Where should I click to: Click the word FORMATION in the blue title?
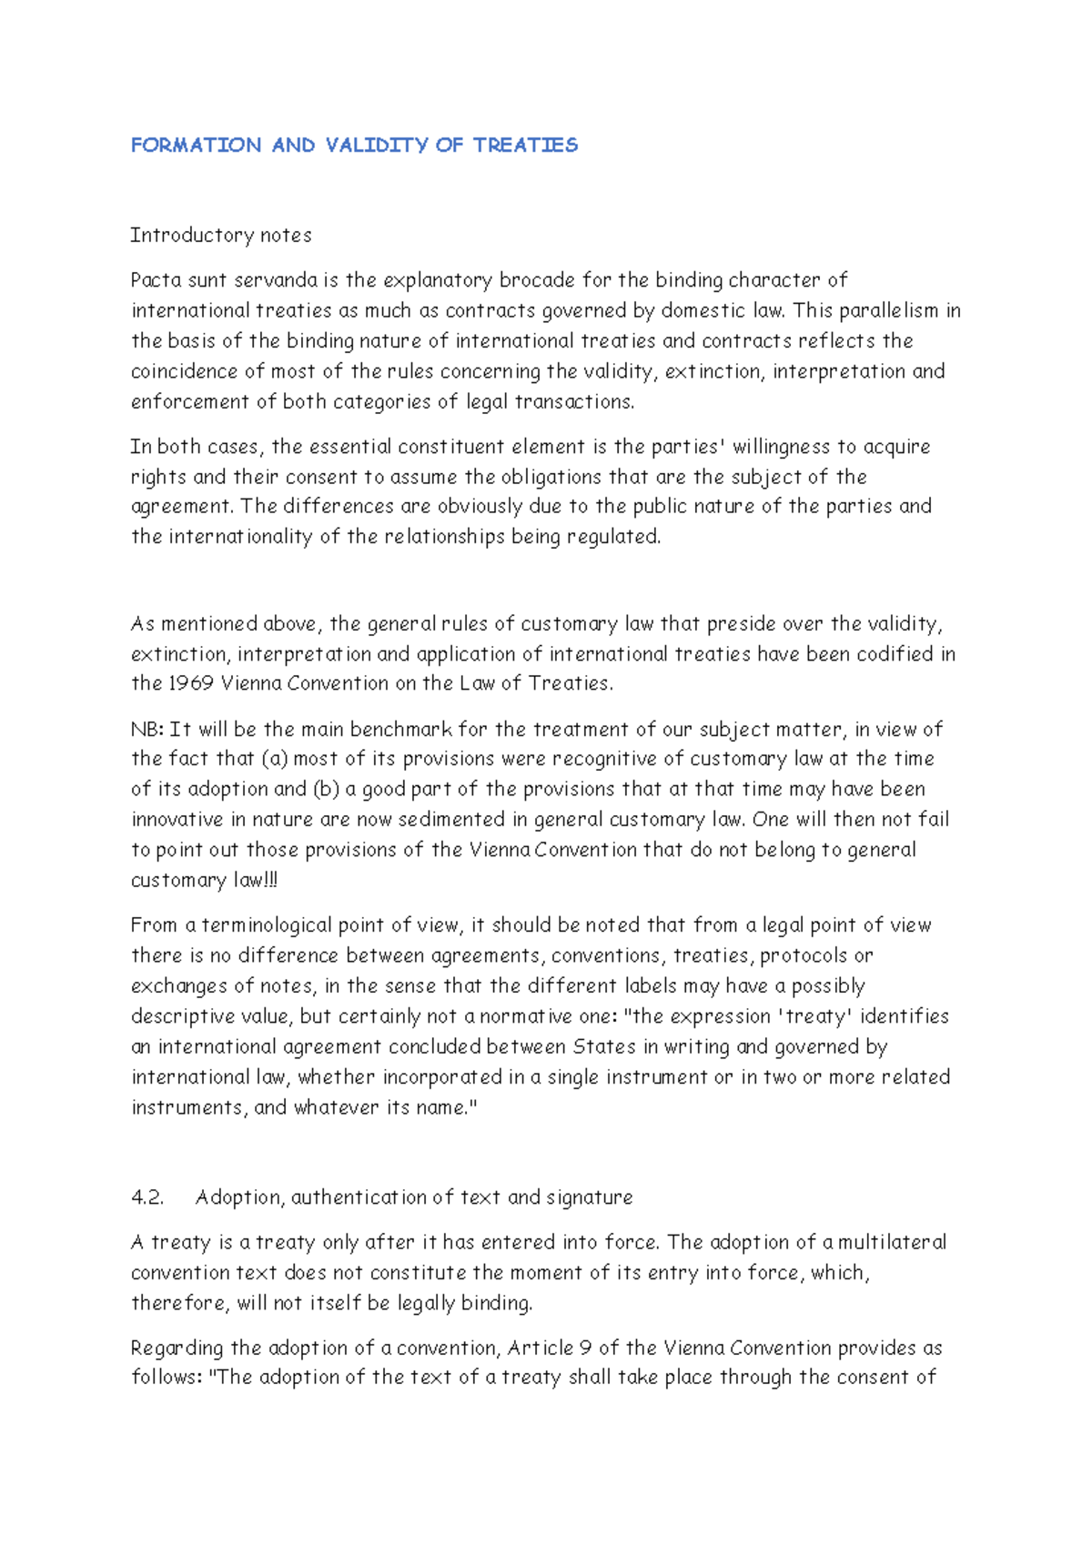(x=196, y=146)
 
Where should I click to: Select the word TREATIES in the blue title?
(x=525, y=146)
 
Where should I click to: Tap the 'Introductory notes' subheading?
(x=221, y=236)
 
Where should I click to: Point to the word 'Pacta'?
(x=156, y=280)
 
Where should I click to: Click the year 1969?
(x=190, y=683)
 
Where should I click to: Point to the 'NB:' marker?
(x=147, y=730)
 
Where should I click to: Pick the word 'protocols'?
(x=804, y=956)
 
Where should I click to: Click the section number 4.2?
(x=147, y=1197)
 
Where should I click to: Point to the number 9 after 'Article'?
(x=586, y=1348)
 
